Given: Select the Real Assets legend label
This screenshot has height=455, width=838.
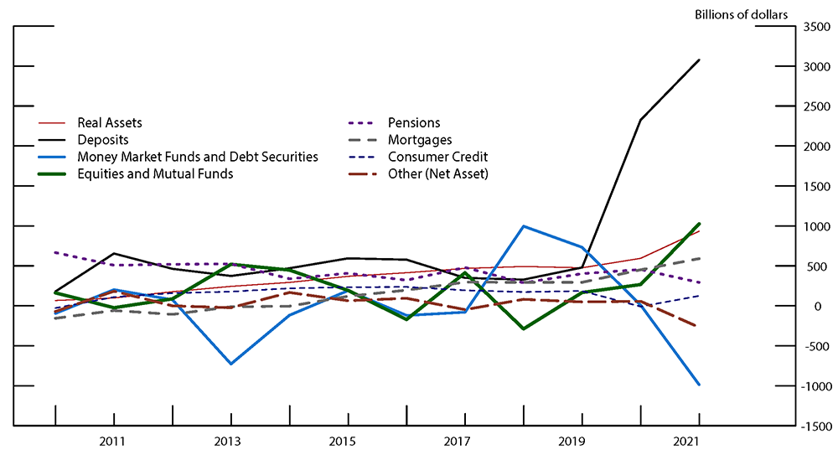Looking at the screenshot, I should pos(109,123).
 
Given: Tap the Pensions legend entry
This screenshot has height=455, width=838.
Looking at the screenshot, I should pos(413,123).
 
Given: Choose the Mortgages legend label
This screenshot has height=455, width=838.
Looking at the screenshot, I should pos(419,140).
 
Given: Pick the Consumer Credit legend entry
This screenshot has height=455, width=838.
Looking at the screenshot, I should pos(437,157).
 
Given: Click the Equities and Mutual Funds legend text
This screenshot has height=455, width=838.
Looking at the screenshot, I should pos(155,173).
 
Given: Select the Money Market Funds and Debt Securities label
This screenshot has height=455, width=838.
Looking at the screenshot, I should pos(197,157).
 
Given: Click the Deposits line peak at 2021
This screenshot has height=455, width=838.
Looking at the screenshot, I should pos(699,60).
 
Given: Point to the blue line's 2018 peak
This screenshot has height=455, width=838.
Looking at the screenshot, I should pos(523,226).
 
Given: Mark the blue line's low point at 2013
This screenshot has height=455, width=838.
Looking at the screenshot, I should pos(230,364).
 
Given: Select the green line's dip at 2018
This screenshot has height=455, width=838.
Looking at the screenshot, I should pos(523,328).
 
